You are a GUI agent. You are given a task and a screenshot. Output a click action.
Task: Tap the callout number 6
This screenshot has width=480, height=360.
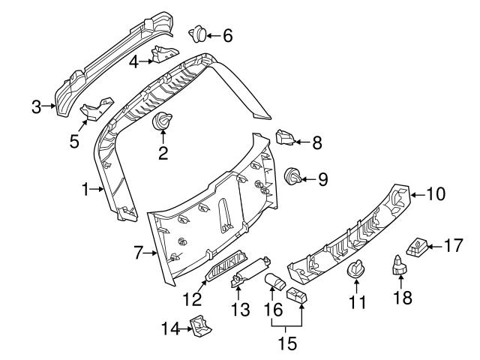pos(227,34)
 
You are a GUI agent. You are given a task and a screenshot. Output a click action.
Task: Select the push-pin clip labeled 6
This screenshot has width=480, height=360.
pos(199,33)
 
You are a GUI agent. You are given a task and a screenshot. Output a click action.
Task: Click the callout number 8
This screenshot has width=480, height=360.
pos(316,141)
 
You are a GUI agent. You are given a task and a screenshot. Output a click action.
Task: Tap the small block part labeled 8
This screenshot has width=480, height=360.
pos(285,138)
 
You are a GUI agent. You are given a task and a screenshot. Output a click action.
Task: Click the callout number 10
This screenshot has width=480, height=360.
pos(436,194)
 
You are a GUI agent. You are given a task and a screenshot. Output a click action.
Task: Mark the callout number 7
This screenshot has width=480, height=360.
pos(138,253)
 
